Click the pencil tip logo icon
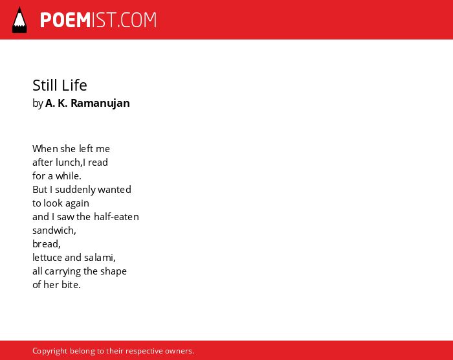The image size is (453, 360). click(x=19, y=19)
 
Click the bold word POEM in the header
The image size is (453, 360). click(x=65, y=20)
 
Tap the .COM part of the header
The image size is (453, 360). click(x=137, y=20)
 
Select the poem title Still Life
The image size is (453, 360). click(x=60, y=85)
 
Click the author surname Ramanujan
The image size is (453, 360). click(x=100, y=103)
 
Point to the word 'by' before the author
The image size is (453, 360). click(x=38, y=104)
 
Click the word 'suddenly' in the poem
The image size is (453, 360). click(x=75, y=190)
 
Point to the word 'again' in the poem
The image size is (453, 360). click(x=77, y=203)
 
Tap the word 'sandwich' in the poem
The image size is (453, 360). click(x=54, y=230)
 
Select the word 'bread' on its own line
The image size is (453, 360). click(x=46, y=243)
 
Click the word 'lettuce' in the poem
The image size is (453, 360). click(x=47, y=257)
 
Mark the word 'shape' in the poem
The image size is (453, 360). click(x=113, y=271)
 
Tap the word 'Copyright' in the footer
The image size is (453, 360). click(x=50, y=351)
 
